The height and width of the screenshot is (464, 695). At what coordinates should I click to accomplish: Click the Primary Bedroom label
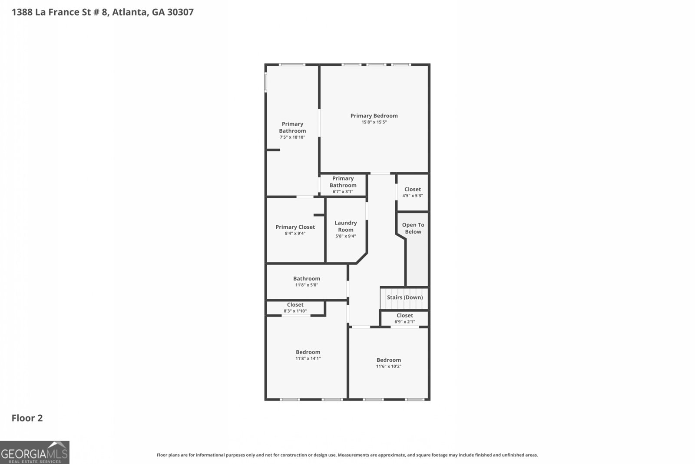pos(374,116)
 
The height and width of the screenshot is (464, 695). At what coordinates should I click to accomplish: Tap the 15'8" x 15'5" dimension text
pos(374,122)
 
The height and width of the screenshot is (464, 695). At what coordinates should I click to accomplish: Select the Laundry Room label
pos(346,226)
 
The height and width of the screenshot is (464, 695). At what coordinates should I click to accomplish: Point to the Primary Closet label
pos(295,227)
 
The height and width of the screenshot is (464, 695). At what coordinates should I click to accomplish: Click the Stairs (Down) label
pos(405,297)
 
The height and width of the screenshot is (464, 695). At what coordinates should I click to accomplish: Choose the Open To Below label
pos(413,228)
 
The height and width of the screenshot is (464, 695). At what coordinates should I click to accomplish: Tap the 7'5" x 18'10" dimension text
pos(292,137)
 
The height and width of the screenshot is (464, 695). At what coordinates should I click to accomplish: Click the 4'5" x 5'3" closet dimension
pos(413,196)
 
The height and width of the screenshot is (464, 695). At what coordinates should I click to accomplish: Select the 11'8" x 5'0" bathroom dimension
pos(307,285)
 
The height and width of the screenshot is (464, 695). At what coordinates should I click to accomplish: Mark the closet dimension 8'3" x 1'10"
pos(295,311)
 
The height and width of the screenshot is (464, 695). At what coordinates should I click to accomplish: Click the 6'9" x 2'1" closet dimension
pos(404,322)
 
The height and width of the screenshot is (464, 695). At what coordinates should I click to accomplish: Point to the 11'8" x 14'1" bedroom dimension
pos(308,359)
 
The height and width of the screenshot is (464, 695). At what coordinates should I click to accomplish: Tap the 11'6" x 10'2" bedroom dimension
pos(389,367)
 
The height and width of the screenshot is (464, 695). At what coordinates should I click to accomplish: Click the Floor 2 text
pos(27,418)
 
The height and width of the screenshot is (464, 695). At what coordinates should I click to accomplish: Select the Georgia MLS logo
pos(34,452)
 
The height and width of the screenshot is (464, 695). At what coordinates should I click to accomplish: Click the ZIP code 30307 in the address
pos(180,12)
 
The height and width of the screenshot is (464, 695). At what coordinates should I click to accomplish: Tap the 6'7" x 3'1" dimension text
pos(343,192)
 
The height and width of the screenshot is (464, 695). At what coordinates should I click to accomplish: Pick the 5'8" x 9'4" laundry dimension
pos(346,237)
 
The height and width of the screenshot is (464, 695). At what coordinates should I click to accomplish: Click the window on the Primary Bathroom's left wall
pos(266,82)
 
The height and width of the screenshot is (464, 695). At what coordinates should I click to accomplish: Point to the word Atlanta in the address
pos(129,12)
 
